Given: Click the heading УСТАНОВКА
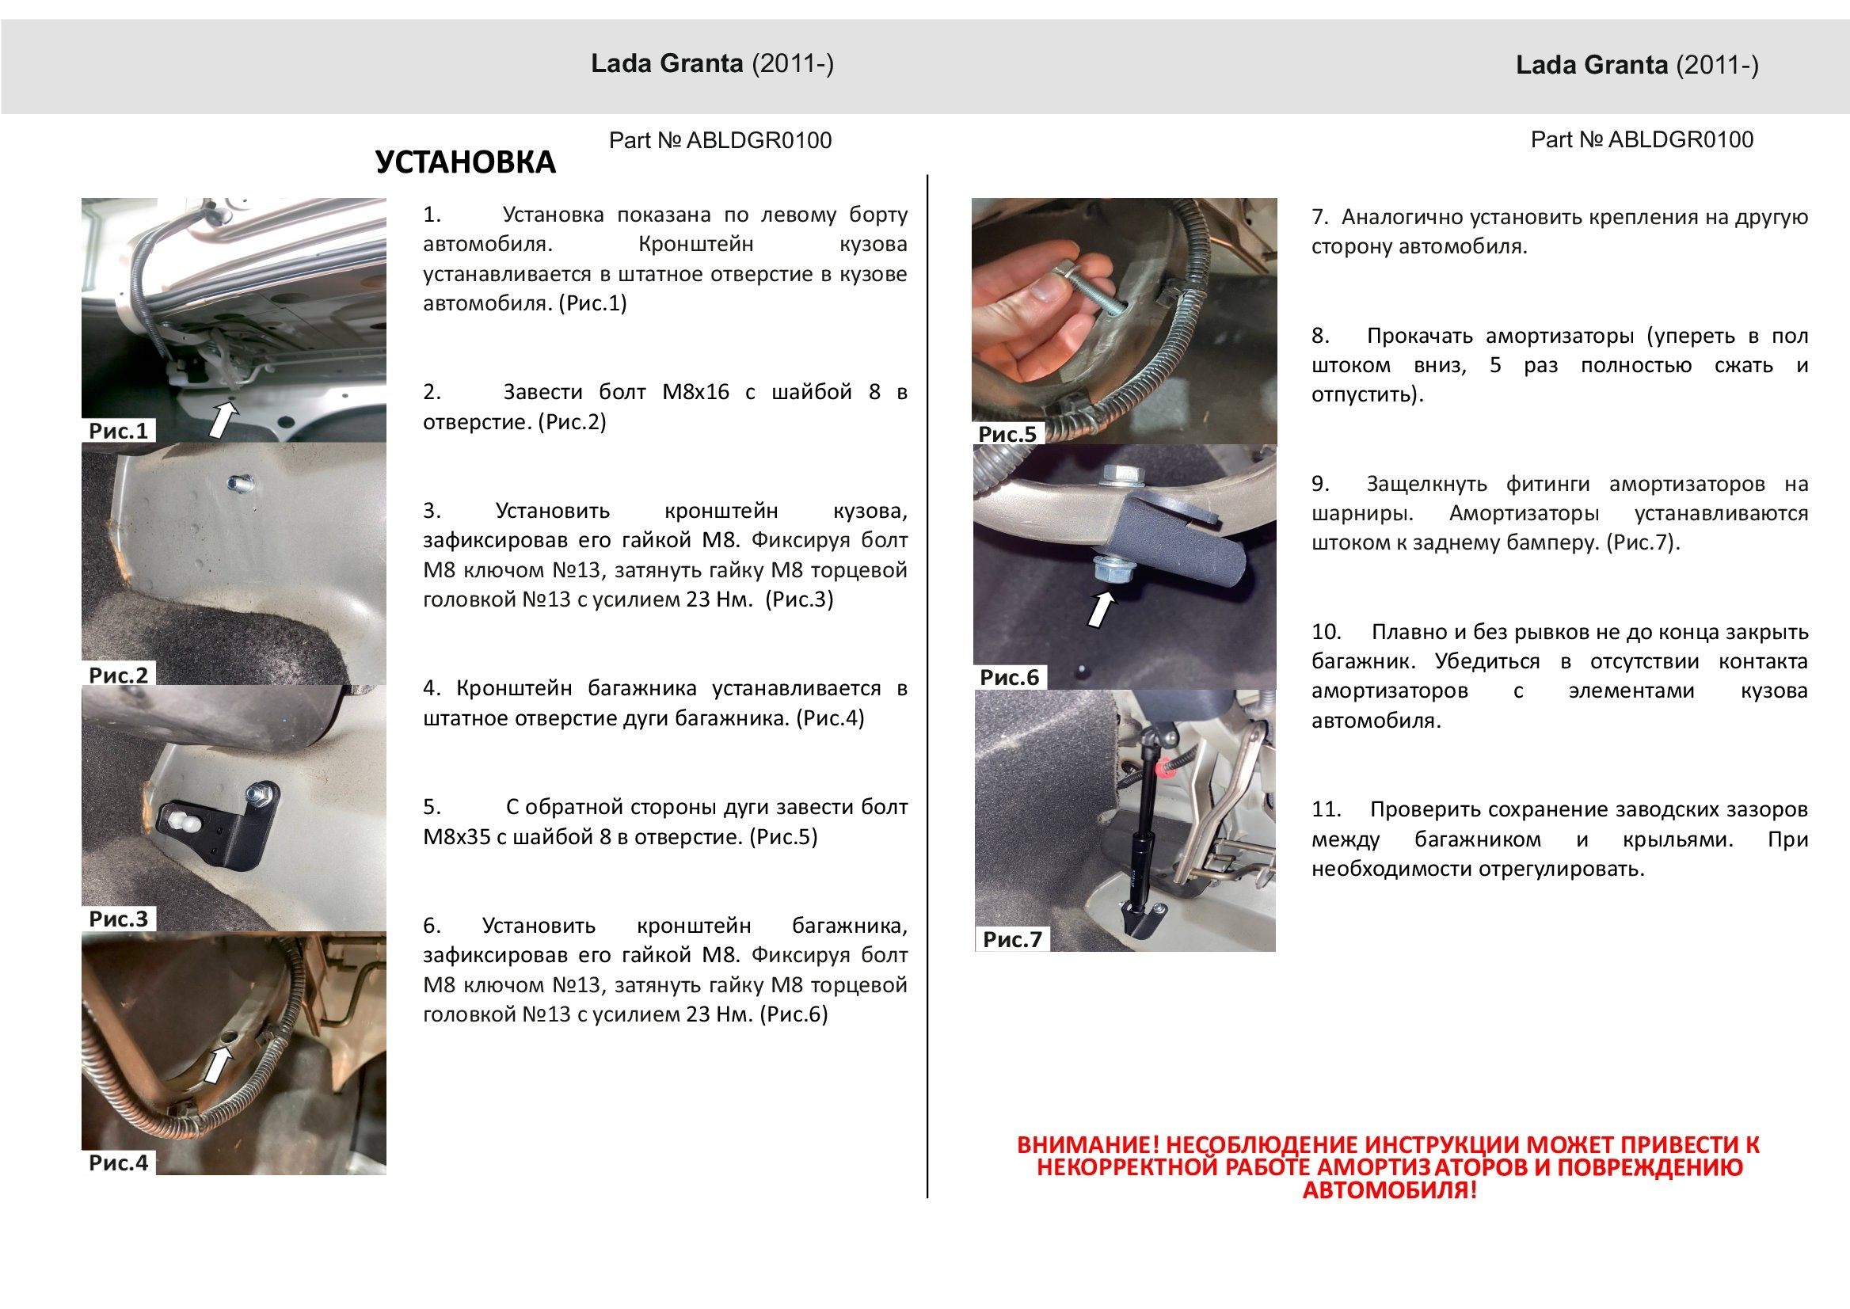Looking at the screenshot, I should pos(465,163).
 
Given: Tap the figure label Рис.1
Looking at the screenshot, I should pos(119,431).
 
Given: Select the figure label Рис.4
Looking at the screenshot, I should pos(119,1162).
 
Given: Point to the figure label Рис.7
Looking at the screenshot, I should pos(1011,939).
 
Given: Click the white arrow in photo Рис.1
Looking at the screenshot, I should pos(223,420).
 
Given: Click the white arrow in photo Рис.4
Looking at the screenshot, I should pos(216,1066).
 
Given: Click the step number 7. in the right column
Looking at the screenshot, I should pos(1319,217).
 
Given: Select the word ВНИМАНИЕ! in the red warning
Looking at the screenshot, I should pos(1088,1144).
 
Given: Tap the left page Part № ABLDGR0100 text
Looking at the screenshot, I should pos(720,141).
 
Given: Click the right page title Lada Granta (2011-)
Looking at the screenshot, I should pos(1636,65).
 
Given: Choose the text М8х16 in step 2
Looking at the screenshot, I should pos(695,393).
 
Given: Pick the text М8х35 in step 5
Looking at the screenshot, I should pos(456,837).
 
